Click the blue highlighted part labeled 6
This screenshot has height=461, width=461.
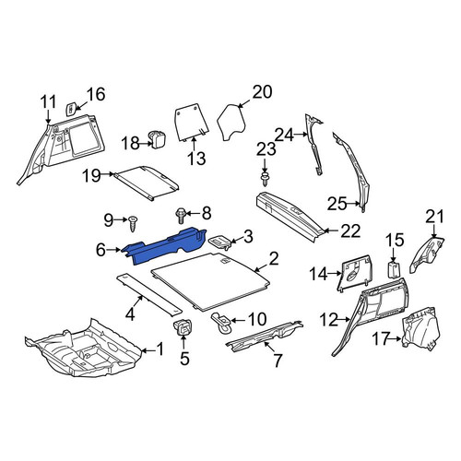[x=166, y=246]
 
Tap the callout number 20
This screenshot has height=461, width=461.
[x=262, y=92]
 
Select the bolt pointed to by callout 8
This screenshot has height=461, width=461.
[x=181, y=217]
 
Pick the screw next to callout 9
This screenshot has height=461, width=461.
[x=134, y=223]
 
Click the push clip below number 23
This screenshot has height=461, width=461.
[x=265, y=179]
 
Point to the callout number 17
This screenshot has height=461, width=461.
[x=381, y=339]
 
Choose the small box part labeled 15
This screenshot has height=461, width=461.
[x=394, y=270]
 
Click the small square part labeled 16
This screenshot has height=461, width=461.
[x=71, y=108]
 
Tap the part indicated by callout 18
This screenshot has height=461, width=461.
[x=158, y=139]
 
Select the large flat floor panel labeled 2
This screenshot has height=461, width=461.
[x=212, y=279]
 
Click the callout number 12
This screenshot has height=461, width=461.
[x=329, y=320]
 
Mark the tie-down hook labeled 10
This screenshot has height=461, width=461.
[x=222, y=323]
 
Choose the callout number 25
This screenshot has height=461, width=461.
[x=337, y=204]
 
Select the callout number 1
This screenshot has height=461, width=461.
[x=160, y=349]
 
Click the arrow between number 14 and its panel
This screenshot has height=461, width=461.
[x=336, y=273]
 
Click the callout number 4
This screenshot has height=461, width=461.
[x=130, y=314]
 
